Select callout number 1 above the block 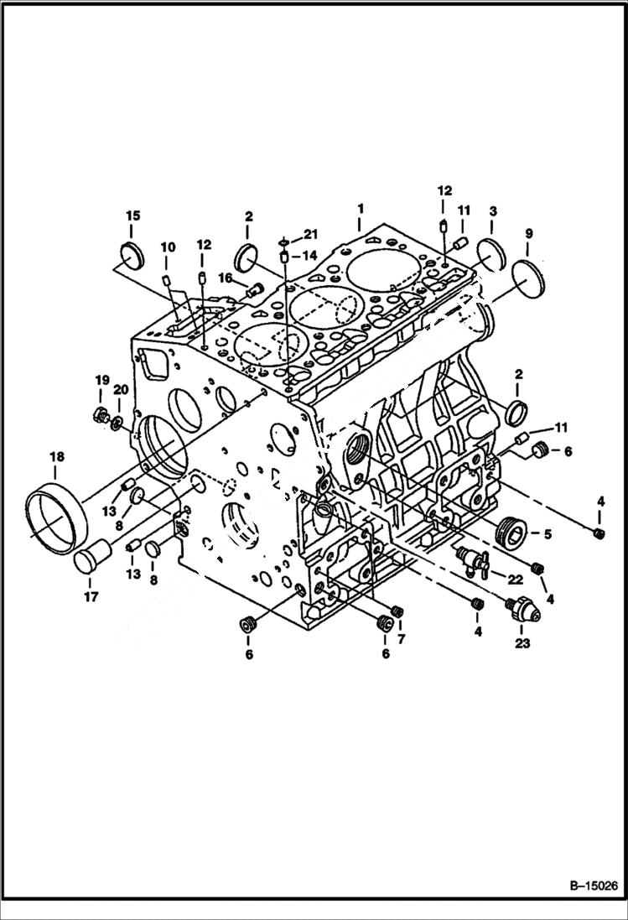[x=360, y=206]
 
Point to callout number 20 [x=120, y=390]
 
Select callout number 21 [x=311, y=233]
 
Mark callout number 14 [x=309, y=255]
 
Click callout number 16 [x=226, y=278]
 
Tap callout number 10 [x=168, y=247]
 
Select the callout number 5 [x=546, y=533]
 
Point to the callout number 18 [x=56, y=457]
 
